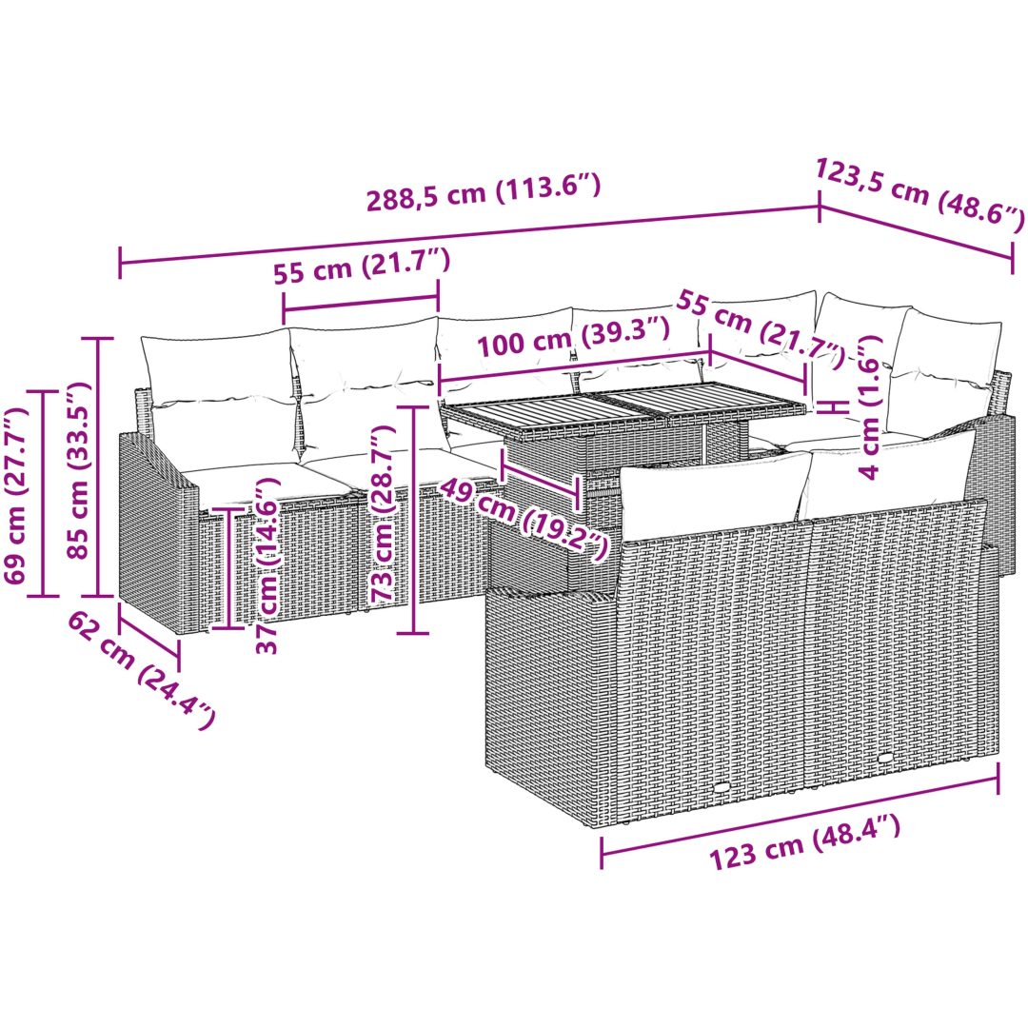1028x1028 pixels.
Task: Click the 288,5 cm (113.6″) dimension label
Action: [x=484, y=192]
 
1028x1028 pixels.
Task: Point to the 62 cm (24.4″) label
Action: [x=141, y=669]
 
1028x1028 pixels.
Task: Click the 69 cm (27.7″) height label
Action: [x=16, y=494]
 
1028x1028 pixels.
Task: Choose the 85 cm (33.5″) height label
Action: [x=78, y=468]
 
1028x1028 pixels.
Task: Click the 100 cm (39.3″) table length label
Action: [x=573, y=335]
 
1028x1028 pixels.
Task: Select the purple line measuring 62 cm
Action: [x=148, y=632]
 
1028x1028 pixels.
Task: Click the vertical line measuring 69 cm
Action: [x=43, y=494]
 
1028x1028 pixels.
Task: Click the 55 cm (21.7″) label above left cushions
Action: [x=362, y=267]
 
